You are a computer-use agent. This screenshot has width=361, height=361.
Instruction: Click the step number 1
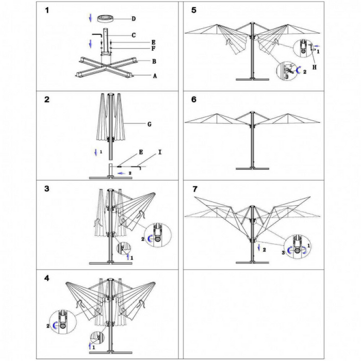click(x=47, y=10)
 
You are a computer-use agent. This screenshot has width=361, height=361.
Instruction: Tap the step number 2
click(x=47, y=100)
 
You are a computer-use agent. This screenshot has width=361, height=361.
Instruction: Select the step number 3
click(x=47, y=189)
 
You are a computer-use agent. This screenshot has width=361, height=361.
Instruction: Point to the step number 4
click(x=47, y=278)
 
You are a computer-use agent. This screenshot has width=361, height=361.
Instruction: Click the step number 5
click(x=194, y=10)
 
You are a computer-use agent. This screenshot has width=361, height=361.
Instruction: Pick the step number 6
click(x=194, y=100)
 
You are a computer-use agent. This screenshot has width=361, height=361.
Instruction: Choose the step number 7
click(x=194, y=189)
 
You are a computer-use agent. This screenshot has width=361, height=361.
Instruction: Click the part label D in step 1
click(x=134, y=19)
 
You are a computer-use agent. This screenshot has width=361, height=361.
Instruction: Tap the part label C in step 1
click(x=134, y=35)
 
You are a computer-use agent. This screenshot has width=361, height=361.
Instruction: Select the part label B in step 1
click(x=154, y=61)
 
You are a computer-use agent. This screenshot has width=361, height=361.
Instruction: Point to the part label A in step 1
click(x=154, y=75)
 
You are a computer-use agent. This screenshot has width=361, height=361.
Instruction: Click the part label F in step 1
click(x=153, y=48)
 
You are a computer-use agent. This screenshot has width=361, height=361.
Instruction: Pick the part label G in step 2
click(x=149, y=124)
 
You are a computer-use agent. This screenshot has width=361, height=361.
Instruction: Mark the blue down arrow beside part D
click(x=91, y=18)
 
